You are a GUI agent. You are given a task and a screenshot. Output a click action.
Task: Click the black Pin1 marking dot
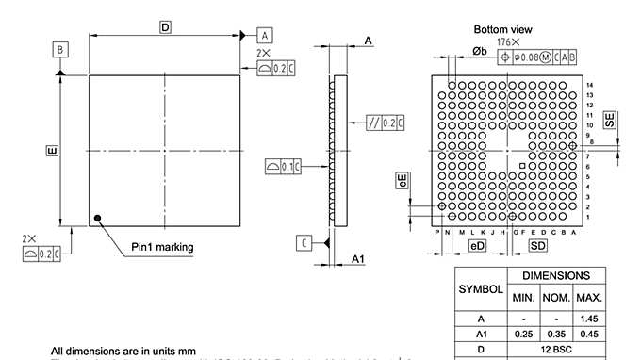(97, 220)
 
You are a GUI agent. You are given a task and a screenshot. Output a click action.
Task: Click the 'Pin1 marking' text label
(162, 247)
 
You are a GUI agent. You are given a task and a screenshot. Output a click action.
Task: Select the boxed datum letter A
(265, 35)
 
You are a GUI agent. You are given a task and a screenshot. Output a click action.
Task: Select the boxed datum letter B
(60, 49)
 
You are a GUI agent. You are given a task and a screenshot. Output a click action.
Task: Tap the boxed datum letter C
(304, 243)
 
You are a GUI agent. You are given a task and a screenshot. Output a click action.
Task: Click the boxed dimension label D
(165, 28)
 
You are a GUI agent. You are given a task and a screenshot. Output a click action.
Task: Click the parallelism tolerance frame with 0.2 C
(386, 123)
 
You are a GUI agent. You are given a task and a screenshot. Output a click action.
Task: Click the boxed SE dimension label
(611, 120)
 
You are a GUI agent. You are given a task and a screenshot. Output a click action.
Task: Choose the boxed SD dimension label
(537, 246)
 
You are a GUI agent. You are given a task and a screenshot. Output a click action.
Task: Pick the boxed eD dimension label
(478, 246)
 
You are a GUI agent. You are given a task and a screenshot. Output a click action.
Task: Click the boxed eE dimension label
(403, 182)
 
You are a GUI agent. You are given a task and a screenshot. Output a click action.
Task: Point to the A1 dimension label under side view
(358, 258)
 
